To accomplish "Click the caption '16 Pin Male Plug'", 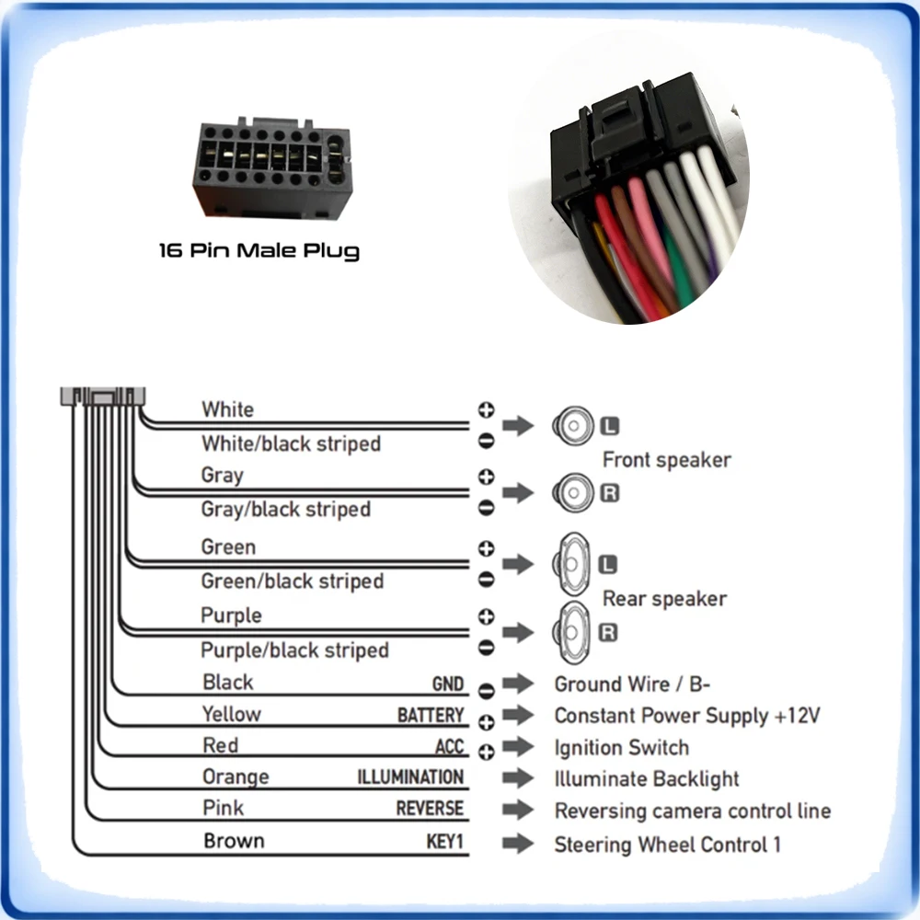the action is tap(259, 250).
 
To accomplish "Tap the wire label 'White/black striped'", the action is tap(291, 443).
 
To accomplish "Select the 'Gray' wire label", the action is tap(222, 476).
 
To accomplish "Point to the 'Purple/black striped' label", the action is tap(294, 650).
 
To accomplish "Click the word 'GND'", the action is tap(448, 684).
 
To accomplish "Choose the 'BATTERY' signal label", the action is tap(431, 716).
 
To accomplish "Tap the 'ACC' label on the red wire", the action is tap(450, 747).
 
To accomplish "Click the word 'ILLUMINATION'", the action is tap(410, 777).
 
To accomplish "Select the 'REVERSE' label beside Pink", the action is tap(430, 809).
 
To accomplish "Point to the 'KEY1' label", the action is tap(444, 842).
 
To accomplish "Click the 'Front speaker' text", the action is tap(666, 460).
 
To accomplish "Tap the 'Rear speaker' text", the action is tap(664, 599).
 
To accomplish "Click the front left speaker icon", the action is tap(572, 426).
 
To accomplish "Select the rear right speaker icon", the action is tap(571, 632).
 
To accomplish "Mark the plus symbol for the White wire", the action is tap(487, 409).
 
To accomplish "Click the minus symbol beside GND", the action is tap(487, 691).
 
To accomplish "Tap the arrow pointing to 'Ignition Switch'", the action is tap(518, 746).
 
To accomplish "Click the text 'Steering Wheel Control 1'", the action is tap(667, 845).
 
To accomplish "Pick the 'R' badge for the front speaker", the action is tap(609, 493).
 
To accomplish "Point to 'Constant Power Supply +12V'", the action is tap(686, 716).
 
